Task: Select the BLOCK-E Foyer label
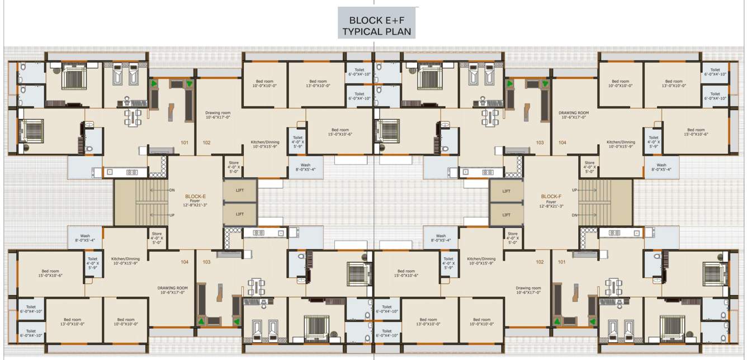click(196, 200)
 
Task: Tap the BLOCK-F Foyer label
click(551, 200)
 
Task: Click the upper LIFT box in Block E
click(240, 191)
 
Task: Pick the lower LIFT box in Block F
click(506, 215)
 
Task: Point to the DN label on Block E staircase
click(172, 190)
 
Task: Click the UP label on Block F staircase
click(574, 190)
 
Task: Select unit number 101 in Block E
click(185, 143)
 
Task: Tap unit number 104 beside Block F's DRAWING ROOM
click(562, 143)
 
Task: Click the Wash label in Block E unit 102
click(305, 167)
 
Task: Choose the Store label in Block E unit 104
click(157, 238)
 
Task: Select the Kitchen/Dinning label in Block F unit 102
click(481, 261)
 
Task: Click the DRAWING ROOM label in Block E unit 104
click(171, 290)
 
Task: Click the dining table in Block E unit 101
click(133, 117)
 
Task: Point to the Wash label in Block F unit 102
click(441, 238)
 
